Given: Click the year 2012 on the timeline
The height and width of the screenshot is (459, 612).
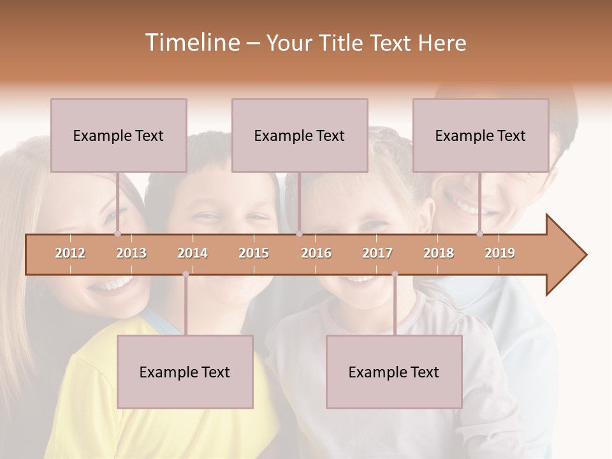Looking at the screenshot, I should click(70, 253).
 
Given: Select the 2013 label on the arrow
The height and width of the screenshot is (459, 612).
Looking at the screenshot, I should click(131, 253).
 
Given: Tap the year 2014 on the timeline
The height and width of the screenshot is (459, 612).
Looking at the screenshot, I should click(193, 253).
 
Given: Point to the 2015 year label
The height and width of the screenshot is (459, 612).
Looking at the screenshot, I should click(254, 253).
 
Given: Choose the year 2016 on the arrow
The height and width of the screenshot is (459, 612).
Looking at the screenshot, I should click(316, 253).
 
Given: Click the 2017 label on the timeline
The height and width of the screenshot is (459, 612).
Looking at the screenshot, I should click(377, 253).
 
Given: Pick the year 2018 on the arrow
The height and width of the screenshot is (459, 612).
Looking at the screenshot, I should click(439, 253).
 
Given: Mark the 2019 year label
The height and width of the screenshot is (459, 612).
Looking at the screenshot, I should click(500, 253).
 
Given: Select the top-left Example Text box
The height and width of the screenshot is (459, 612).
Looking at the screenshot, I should click(119, 135).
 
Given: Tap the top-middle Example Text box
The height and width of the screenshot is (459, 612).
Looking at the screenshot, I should click(300, 135).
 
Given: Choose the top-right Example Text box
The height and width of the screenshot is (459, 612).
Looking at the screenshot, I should click(481, 135).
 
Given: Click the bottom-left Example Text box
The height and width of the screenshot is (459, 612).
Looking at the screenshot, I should click(185, 372).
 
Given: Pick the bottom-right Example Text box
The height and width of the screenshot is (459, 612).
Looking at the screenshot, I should click(394, 372).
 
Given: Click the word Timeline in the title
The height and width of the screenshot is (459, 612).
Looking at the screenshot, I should click(191, 43).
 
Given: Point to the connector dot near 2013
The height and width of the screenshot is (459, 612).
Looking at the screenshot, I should click(117, 233).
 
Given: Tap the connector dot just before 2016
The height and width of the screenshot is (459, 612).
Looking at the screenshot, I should click(299, 233).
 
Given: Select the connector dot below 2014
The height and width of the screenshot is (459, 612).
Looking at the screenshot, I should click(186, 274).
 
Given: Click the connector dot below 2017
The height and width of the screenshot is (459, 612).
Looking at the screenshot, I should click(395, 274).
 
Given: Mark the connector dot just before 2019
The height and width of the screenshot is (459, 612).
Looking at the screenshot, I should click(479, 233).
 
